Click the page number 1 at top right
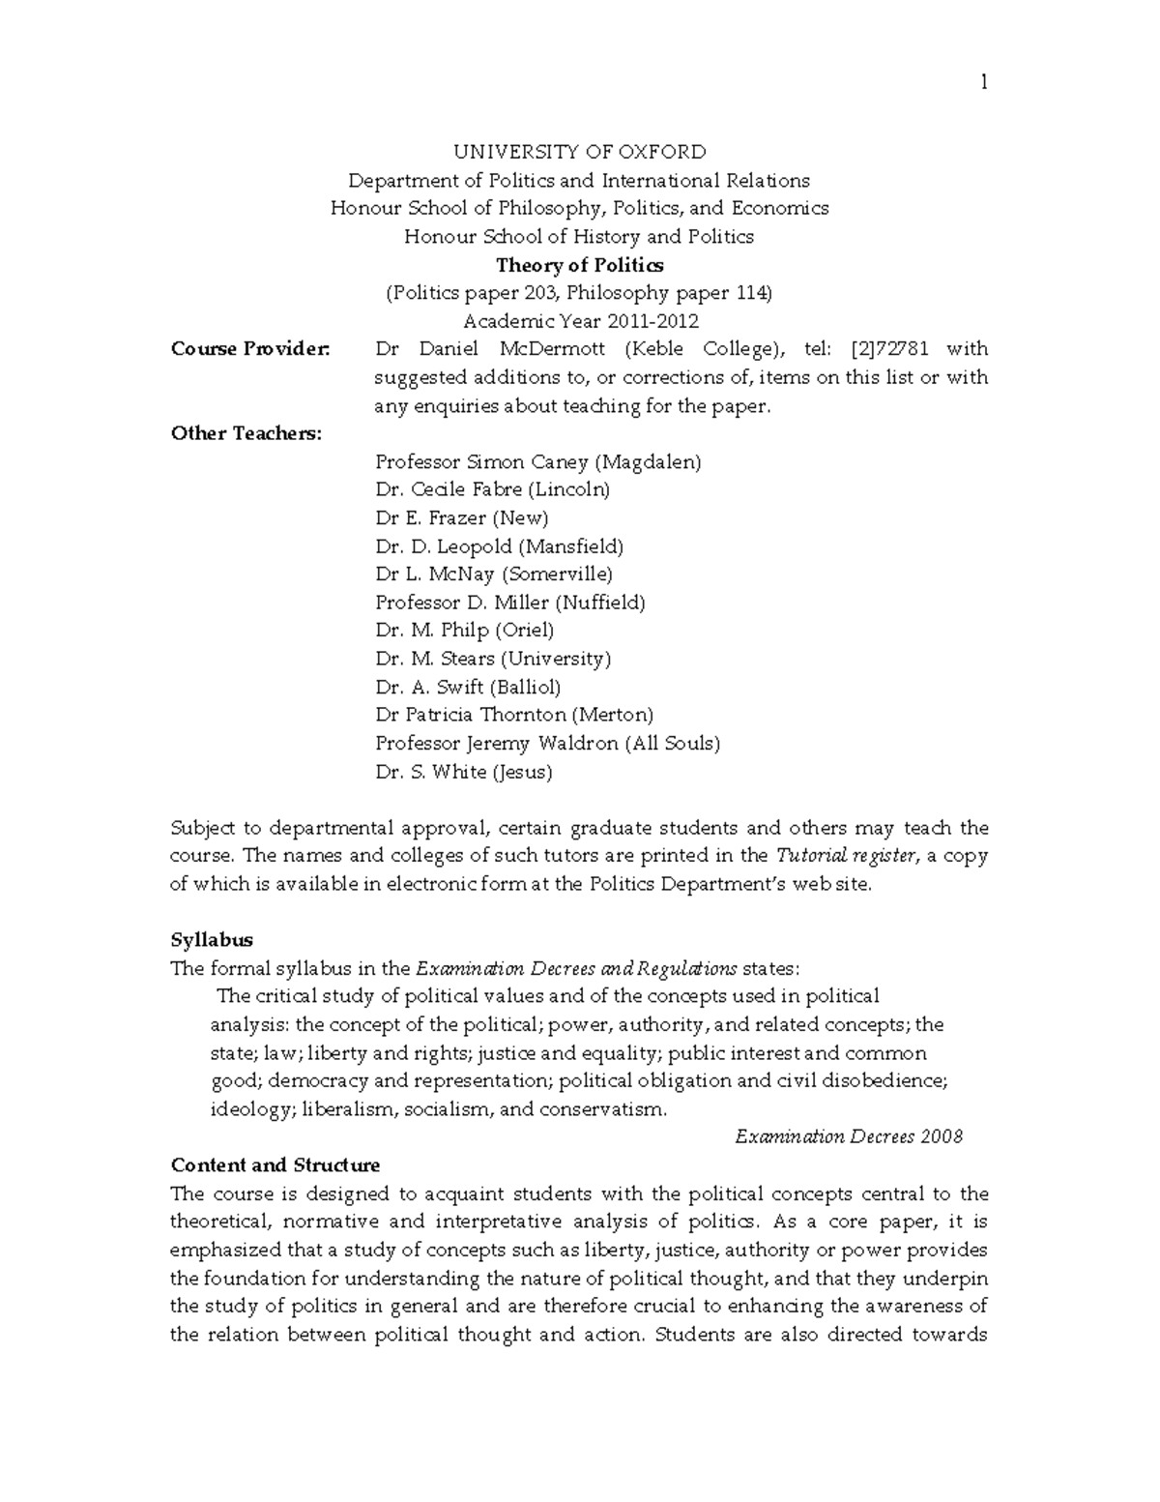pyautogui.click(x=983, y=83)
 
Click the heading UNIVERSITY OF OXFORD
pyautogui.click(x=580, y=152)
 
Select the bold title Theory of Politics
pyautogui.click(x=579, y=265)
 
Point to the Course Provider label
pyautogui.click(x=250, y=349)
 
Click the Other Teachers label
pyautogui.click(x=246, y=433)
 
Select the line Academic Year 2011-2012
pyautogui.click(x=580, y=321)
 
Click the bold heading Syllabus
pyautogui.click(x=211, y=940)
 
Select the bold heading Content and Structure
pyautogui.click(x=275, y=1165)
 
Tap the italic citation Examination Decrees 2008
pyautogui.click(x=849, y=1136)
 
